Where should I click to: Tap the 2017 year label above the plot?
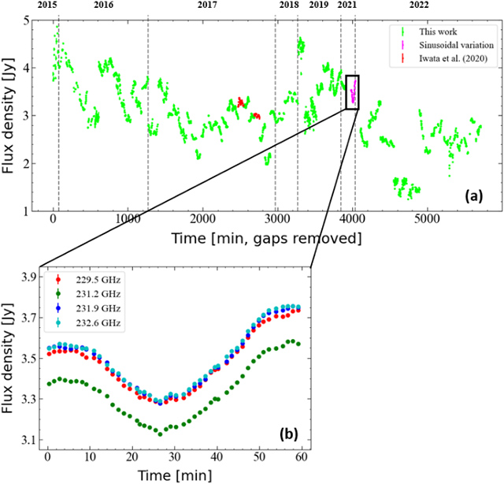coord(208,6)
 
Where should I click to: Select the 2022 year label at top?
coord(419,6)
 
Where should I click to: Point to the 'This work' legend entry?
coord(435,32)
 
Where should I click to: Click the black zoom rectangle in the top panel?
coord(352,92)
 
